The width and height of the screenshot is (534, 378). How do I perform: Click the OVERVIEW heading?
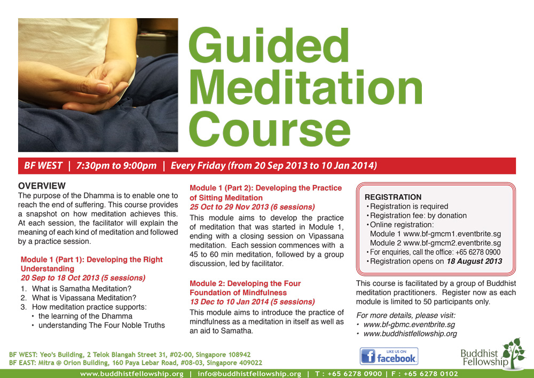click(x=42, y=186)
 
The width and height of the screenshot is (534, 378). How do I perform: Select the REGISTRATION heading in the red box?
click(x=393, y=197)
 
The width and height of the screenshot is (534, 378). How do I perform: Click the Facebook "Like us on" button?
click(x=389, y=357)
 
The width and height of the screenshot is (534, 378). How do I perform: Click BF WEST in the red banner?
click(x=43, y=166)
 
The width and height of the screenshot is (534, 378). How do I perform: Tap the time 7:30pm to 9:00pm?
click(x=116, y=166)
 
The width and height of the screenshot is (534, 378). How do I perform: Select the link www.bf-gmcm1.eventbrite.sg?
click(x=452, y=234)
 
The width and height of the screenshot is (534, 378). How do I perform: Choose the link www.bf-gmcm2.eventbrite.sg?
click(x=452, y=243)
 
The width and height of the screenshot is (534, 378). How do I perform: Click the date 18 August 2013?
click(x=474, y=261)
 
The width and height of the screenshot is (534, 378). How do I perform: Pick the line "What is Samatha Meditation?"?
click(x=82, y=289)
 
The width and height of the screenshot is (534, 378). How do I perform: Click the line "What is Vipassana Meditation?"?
click(x=84, y=298)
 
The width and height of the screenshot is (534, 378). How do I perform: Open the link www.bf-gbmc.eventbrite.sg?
click(x=410, y=325)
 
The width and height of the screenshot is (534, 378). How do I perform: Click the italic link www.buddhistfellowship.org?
click(x=410, y=334)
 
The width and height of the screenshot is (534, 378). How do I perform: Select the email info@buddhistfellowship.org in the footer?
click(x=249, y=374)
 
